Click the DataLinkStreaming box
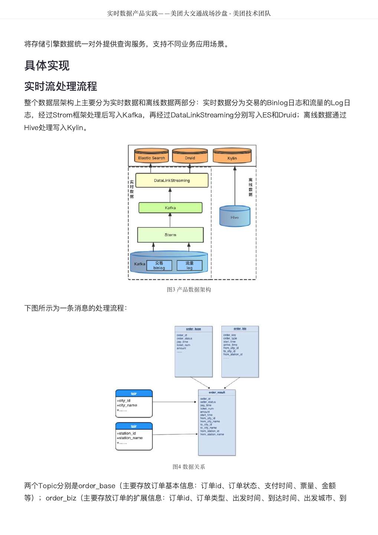click(172, 181)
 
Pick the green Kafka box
click(170, 208)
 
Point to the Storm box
click(170, 235)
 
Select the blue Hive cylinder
click(235, 217)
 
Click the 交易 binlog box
click(159, 265)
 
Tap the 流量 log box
click(189, 265)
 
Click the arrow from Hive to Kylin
click(235, 186)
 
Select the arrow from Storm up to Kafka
click(170, 220)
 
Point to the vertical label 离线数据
click(251, 187)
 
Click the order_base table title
click(193, 329)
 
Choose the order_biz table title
click(240, 328)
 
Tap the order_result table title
click(217, 392)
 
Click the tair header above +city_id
click(134, 393)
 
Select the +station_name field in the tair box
click(130, 438)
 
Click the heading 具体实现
click(47, 65)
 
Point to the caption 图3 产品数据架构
click(189, 290)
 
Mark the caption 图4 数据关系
click(189, 467)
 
